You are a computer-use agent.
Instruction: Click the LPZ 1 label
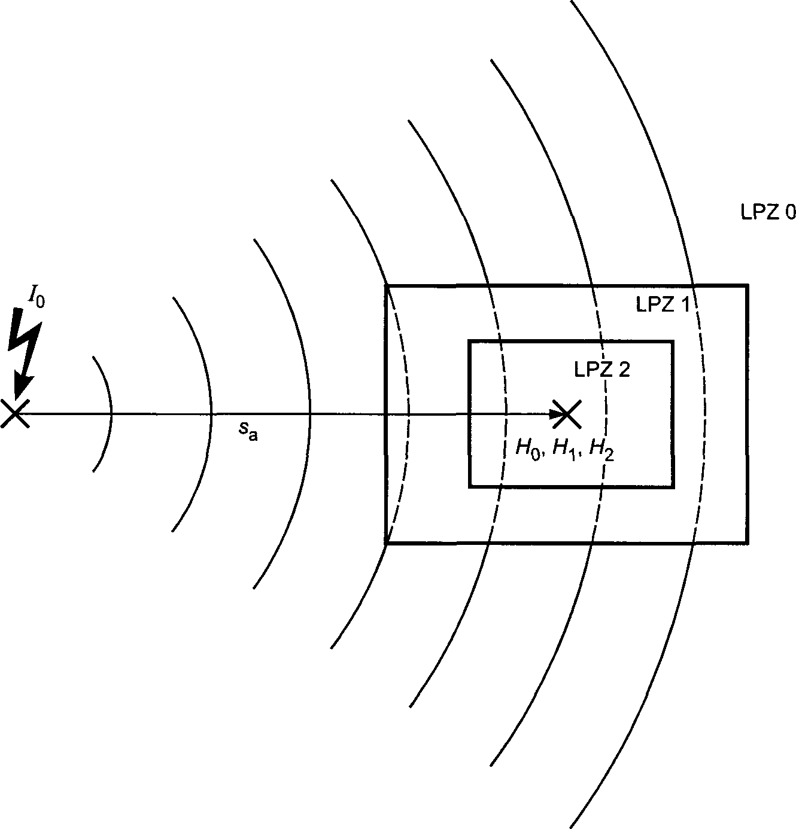662,305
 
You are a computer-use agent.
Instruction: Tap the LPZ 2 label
601,369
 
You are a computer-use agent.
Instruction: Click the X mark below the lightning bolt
14,414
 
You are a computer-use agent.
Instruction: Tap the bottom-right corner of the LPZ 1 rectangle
747,542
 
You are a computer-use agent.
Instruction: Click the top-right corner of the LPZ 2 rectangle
673,342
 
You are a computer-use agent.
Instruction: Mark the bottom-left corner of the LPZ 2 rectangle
470,486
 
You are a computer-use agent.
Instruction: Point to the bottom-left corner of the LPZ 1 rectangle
386,542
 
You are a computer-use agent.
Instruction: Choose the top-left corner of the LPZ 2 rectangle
470,342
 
